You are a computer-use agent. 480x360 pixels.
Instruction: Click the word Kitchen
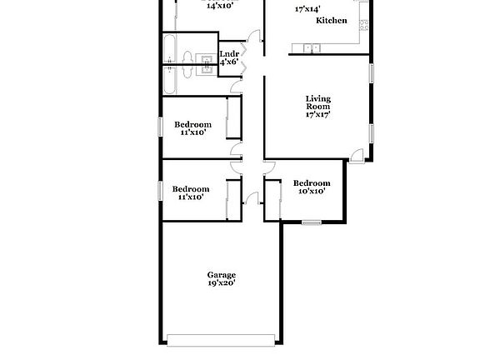click(332, 21)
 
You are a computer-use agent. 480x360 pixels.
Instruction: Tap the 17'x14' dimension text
click(307, 10)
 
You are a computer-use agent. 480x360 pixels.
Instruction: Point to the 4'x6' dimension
click(229, 62)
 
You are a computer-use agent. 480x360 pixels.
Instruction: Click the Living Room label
click(317, 102)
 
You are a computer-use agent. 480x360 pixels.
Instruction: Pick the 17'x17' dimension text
click(317, 115)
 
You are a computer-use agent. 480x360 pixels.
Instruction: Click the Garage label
click(222, 275)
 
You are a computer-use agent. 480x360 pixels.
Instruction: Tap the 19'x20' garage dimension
click(222, 284)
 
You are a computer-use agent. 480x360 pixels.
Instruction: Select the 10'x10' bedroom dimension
click(312, 192)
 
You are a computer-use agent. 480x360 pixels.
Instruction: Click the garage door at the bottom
click(221, 339)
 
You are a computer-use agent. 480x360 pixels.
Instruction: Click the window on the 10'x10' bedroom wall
click(312, 222)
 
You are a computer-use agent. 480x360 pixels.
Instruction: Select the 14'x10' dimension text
click(218, 5)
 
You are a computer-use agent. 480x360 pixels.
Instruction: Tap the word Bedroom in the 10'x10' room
click(312, 183)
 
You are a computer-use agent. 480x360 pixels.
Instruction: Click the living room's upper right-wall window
click(372, 72)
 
